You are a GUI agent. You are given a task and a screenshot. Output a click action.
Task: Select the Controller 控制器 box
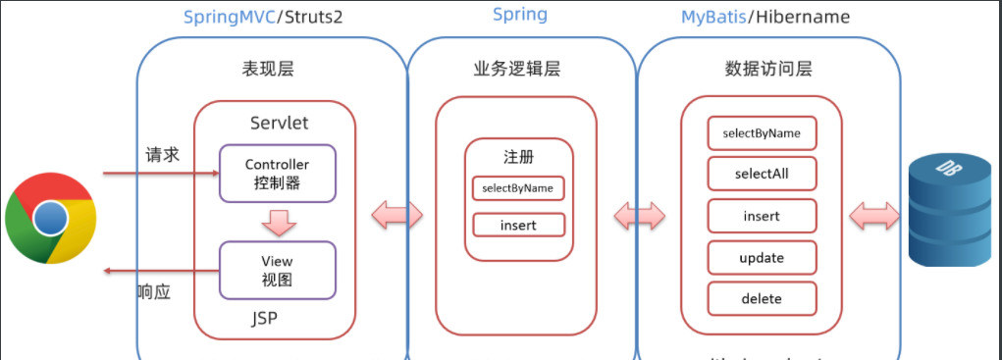click(x=277, y=174)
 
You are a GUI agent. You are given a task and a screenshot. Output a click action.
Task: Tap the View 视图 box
click(x=277, y=271)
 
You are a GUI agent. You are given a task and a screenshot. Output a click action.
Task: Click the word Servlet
click(x=280, y=125)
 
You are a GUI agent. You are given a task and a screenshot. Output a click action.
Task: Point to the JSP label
click(x=274, y=318)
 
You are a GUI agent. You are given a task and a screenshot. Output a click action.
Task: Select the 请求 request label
click(x=162, y=154)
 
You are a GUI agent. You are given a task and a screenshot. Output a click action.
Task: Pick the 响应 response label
click(x=154, y=290)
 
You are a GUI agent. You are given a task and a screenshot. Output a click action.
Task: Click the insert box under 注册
click(x=518, y=225)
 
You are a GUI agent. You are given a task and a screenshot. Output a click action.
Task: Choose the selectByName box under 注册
click(x=518, y=187)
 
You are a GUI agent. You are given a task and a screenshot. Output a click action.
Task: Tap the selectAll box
click(x=762, y=175)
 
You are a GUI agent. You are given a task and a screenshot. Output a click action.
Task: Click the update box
click(x=762, y=257)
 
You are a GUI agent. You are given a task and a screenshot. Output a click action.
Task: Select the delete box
click(x=762, y=298)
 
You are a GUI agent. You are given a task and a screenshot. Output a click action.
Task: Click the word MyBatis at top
click(x=714, y=18)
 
